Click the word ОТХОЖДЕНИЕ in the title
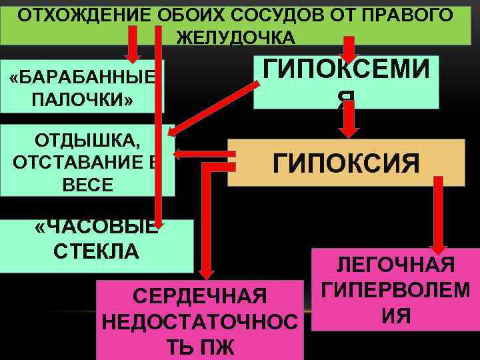tap(73, 15)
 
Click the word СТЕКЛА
tap(96, 251)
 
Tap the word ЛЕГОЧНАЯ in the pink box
tap(395, 265)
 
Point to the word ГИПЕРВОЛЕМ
tap(395, 289)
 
